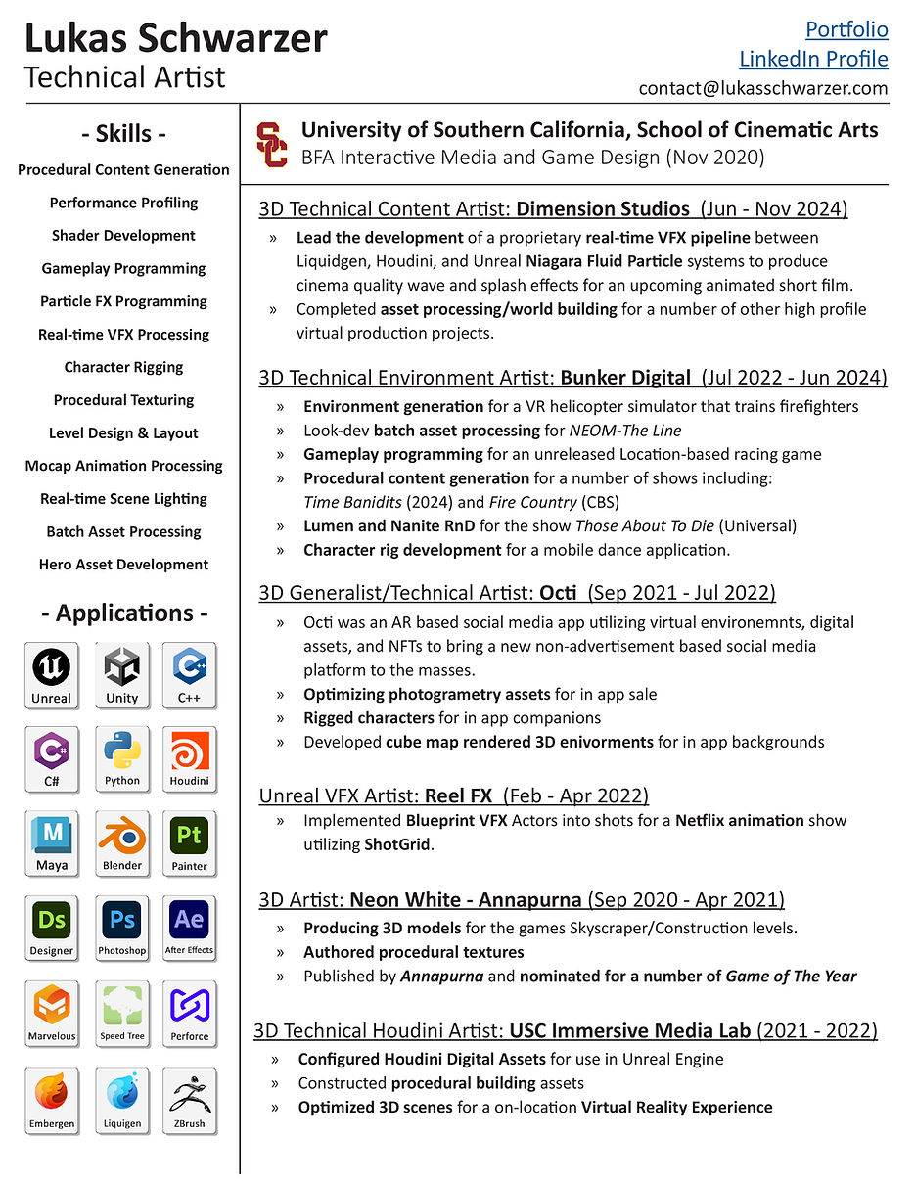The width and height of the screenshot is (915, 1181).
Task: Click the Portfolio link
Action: click(846, 29)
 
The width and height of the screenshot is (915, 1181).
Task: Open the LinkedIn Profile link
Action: click(813, 59)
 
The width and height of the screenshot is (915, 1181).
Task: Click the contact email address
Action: click(763, 88)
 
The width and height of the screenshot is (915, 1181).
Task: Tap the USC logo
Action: click(272, 144)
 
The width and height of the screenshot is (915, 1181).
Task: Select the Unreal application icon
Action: click(52, 675)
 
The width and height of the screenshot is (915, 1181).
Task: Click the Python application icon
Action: click(122, 758)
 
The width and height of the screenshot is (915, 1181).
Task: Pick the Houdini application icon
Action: click(189, 758)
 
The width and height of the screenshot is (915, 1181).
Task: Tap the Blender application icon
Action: click(122, 843)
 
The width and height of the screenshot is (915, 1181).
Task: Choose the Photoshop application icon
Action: click(122, 928)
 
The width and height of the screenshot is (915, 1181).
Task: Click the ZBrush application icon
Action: click(189, 1100)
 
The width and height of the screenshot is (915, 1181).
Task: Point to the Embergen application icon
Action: click(52, 1100)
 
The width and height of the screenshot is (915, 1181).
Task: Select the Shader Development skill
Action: click(123, 236)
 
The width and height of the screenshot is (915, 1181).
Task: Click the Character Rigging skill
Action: click(123, 367)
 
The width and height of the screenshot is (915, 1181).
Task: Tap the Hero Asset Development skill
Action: click(123, 565)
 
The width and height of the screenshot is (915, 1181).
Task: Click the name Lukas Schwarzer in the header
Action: click(176, 39)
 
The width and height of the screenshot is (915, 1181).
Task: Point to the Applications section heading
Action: click(124, 613)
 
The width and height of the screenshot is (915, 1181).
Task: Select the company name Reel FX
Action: click(458, 795)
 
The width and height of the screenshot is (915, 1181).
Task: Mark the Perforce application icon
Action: click(189, 1014)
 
